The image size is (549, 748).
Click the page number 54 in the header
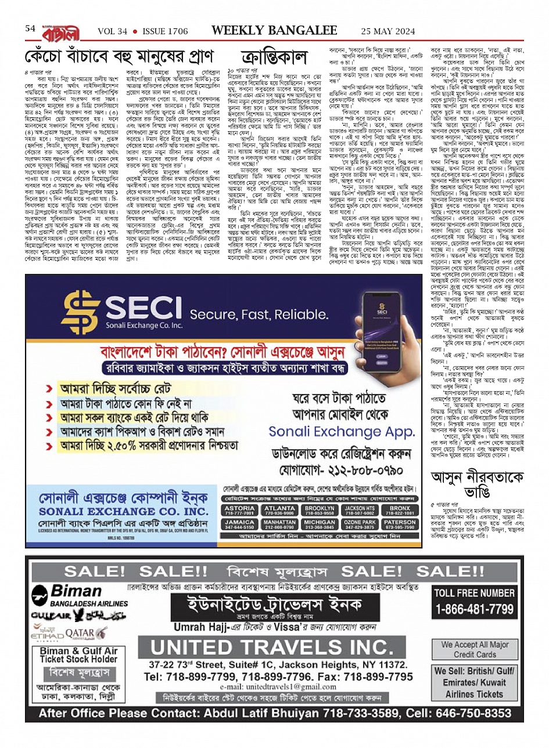pyautogui.click(x=30, y=29)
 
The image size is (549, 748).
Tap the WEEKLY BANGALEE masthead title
pyautogui.click(x=274, y=30)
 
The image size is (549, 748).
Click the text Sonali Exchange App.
pyautogui.click(x=342, y=432)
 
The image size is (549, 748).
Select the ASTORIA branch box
pyautogui.click(x=239, y=510)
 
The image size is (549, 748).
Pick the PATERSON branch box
pyautogui.click(x=400, y=525)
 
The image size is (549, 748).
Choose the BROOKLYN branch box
pyautogui.click(x=320, y=510)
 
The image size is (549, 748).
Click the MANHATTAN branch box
pyautogui.click(x=279, y=525)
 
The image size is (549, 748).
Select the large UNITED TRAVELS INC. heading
pyautogui.click(x=272, y=646)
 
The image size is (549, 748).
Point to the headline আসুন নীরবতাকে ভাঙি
pyautogui.click(x=473, y=485)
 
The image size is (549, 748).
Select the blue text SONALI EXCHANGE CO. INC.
pyautogui.click(x=123, y=511)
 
